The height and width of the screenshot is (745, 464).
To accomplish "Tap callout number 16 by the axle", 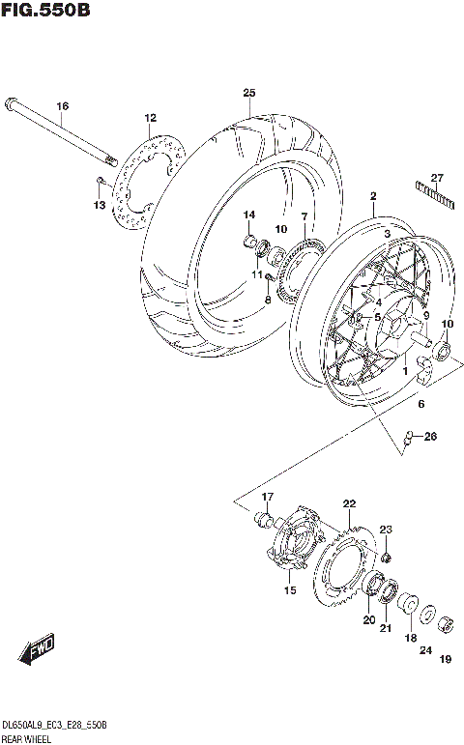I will point(62,105).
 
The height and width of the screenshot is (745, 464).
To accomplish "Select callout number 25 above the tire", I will point(248,93).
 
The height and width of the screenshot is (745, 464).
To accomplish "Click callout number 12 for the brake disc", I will point(150,118).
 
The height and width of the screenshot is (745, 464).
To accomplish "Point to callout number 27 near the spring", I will point(436,177).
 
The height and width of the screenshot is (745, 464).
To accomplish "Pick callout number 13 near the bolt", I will point(99,205).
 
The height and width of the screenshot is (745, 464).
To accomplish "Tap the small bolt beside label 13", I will point(100,182).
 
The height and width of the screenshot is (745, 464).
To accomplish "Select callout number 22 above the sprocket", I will point(349,503).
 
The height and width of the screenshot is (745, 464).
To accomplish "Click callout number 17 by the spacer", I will point(268,497).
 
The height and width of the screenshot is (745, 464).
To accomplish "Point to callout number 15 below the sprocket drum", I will point(288,590).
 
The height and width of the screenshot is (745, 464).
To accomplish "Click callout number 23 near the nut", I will point(386,529).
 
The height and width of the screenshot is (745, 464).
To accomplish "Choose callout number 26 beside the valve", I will point(430,436).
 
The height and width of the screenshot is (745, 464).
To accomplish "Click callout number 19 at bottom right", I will point(445,660).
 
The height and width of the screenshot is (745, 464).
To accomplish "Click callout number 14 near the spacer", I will point(248,214).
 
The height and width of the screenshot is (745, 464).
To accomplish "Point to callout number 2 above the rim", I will point(372,196).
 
